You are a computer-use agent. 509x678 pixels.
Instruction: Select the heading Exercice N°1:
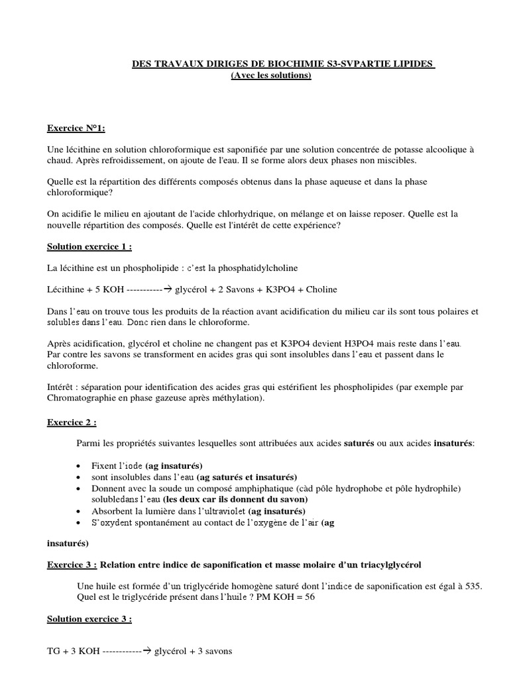76,127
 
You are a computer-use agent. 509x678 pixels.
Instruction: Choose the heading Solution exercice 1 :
89,247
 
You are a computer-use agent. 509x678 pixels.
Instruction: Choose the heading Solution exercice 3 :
89,619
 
